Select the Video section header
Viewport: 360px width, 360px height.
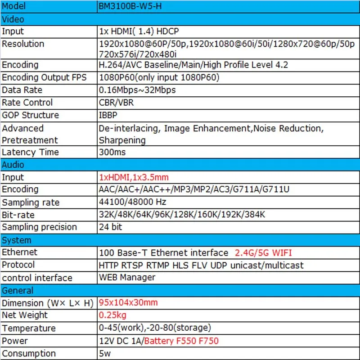pos(13,19)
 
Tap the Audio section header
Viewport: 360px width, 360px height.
pos(13,165)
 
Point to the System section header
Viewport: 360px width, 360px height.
pos(17,240)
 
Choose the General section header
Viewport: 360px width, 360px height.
pos(18,290)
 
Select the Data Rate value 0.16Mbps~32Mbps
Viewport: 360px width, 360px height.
pos(137,90)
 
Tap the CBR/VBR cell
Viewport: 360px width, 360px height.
pos(116,103)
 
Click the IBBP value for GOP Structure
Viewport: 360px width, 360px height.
pos(109,115)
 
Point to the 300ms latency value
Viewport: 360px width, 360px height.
pos(112,152)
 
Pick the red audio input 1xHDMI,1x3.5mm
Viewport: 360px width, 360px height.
pos(134,177)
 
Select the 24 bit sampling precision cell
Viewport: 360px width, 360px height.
pos(110,227)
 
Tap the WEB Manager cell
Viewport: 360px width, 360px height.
pos(127,277)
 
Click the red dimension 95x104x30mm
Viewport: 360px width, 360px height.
pos(128,302)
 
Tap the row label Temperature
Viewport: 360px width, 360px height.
pos(29,328)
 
